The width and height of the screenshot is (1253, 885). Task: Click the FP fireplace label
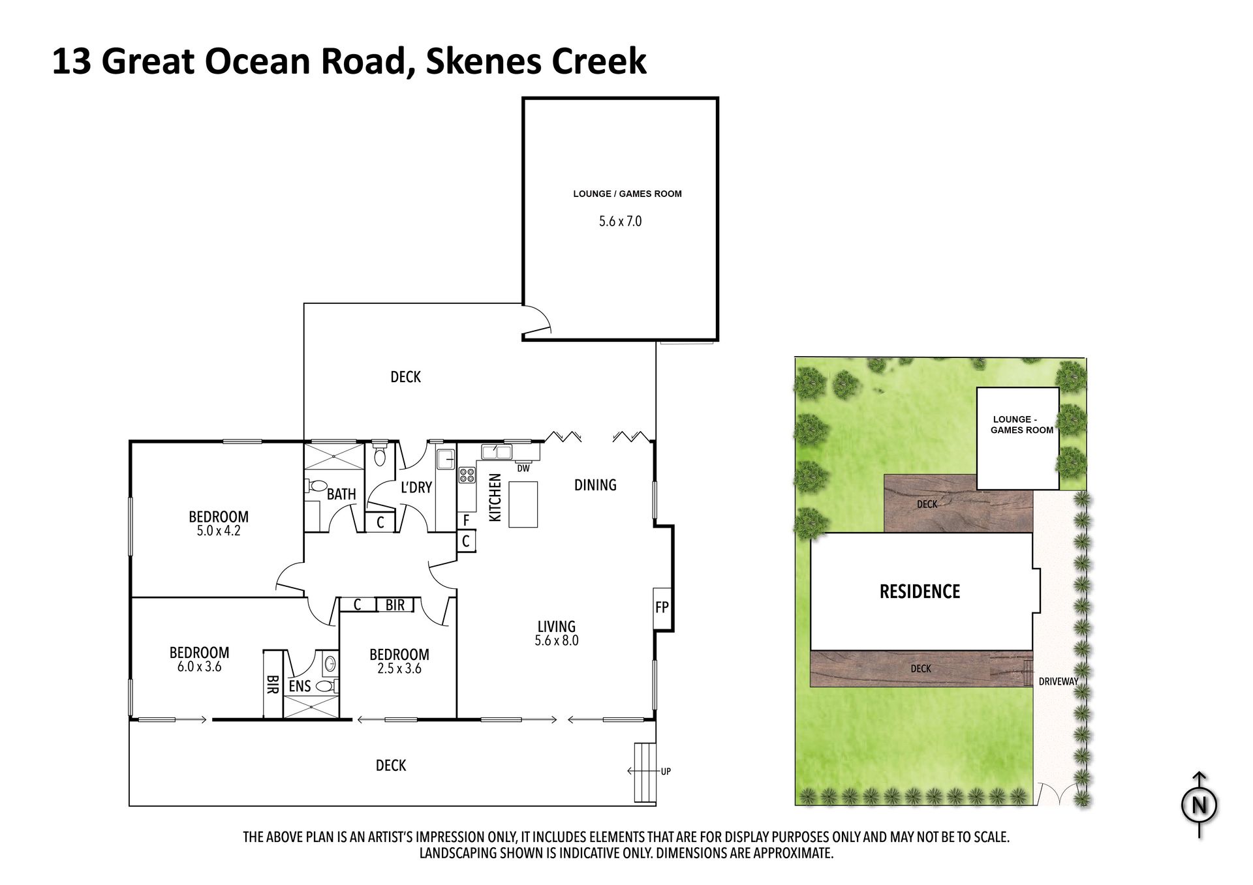click(x=662, y=608)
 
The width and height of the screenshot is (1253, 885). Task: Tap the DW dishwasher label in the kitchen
click(x=523, y=468)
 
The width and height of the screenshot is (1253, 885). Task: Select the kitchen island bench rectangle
click(x=523, y=504)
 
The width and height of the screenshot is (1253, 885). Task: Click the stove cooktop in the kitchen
click(x=467, y=475)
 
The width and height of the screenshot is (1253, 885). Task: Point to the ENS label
click(x=300, y=686)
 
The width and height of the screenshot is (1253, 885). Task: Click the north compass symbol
click(x=1199, y=805)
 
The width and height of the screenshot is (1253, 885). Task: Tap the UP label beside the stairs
click(x=666, y=772)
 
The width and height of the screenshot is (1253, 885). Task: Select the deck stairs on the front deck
click(x=645, y=772)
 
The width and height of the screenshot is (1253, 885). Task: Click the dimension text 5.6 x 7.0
click(x=620, y=222)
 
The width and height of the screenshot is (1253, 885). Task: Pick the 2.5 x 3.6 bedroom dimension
click(x=399, y=668)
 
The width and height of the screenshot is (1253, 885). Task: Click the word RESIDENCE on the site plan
click(x=920, y=592)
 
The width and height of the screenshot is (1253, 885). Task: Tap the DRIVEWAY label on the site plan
click(x=1059, y=682)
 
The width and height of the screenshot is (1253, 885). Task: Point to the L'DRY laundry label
click(x=416, y=487)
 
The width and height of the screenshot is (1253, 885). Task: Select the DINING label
click(x=595, y=485)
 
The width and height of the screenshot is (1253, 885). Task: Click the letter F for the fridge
click(x=466, y=520)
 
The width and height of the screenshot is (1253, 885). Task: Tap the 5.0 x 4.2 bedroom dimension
click(x=219, y=531)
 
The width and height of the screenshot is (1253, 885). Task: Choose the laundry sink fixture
click(x=446, y=459)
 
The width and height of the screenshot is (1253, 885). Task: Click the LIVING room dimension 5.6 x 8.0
click(x=557, y=640)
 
